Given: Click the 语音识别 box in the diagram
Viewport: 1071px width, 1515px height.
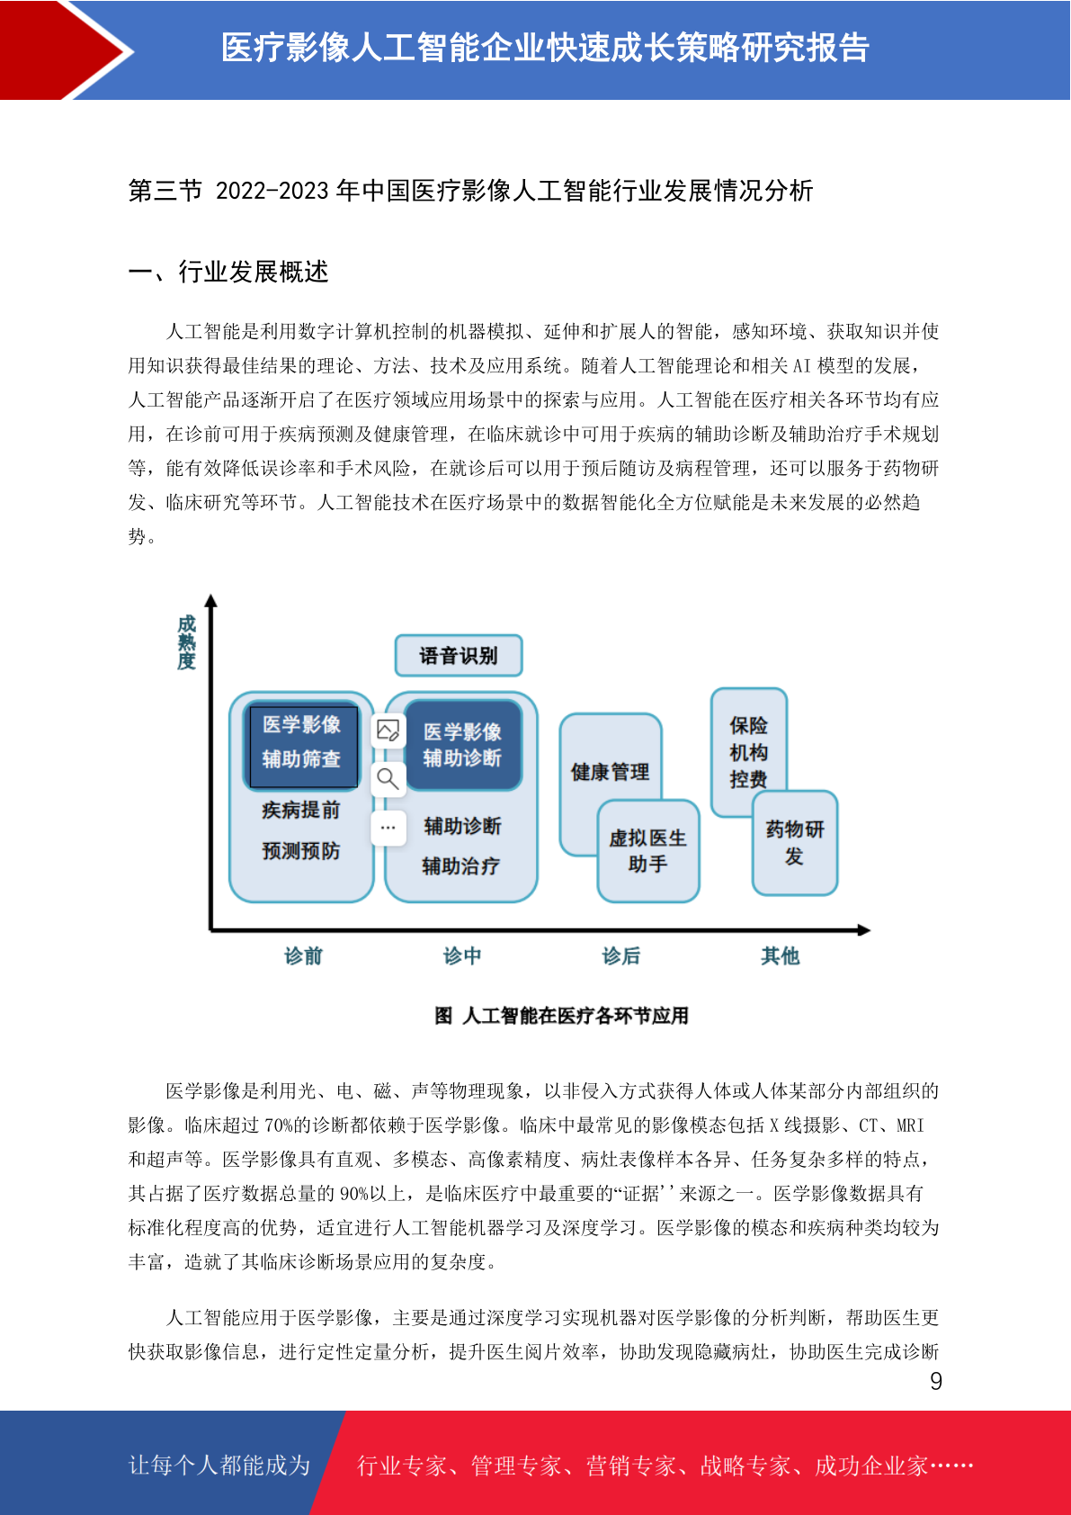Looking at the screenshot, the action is tap(459, 655).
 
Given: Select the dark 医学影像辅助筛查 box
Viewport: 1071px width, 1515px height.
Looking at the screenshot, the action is tap(301, 745).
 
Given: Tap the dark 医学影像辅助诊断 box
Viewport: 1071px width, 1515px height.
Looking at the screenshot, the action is tap(463, 745).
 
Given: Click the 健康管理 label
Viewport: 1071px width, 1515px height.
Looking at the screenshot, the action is tap(610, 772).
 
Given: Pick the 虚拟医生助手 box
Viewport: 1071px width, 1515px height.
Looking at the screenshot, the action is tap(648, 851).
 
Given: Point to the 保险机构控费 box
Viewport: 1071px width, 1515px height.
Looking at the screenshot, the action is tap(749, 752).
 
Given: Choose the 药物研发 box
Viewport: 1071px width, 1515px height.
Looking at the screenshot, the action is tap(795, 843).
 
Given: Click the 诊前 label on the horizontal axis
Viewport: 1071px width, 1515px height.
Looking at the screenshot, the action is tap(304, 955).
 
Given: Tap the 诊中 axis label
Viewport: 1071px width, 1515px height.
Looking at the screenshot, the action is tap(462, 955).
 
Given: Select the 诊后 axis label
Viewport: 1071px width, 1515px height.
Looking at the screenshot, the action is tap(620, 955).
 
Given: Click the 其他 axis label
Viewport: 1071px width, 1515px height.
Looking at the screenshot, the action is tap(781, 955).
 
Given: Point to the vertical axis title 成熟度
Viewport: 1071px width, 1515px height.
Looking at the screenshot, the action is tap(187, 642).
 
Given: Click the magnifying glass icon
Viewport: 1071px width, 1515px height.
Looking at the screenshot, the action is tap(388, 779).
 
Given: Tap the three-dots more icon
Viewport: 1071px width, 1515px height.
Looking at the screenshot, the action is tap(388, 828).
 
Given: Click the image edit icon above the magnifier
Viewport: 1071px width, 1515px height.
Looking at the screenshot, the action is tap(388, 731).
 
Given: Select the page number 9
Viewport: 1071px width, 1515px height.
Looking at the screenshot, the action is tap(936, 1381).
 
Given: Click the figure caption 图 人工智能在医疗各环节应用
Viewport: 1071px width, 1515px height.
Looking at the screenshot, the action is tap(561, 1015).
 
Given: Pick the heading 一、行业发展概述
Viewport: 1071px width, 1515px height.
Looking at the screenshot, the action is tap(228, 272).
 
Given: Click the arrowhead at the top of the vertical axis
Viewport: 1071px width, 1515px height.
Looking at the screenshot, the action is tap(211, 600).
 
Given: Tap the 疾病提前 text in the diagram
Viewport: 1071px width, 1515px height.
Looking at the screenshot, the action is tap(301, 810).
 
